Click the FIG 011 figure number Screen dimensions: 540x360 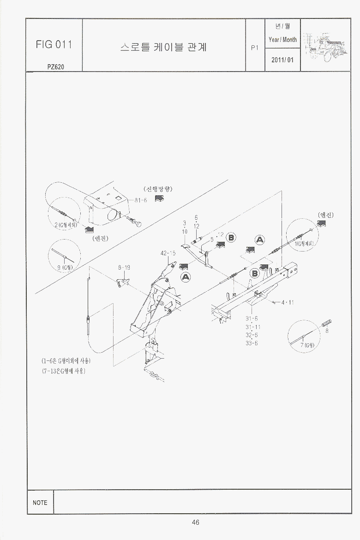point(54,44)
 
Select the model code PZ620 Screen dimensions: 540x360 point(55,66)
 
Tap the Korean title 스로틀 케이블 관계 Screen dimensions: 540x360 point(164,47)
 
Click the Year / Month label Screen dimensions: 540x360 point(282,40)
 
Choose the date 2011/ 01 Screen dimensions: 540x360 point(282,60)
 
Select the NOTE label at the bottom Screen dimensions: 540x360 point(40,503)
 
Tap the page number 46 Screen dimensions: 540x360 point(196,522)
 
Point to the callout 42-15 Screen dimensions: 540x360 point(168,253)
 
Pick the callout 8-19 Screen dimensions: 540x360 point(124,267)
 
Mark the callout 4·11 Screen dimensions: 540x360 point(288,303)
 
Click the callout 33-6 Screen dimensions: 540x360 point(252,343)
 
